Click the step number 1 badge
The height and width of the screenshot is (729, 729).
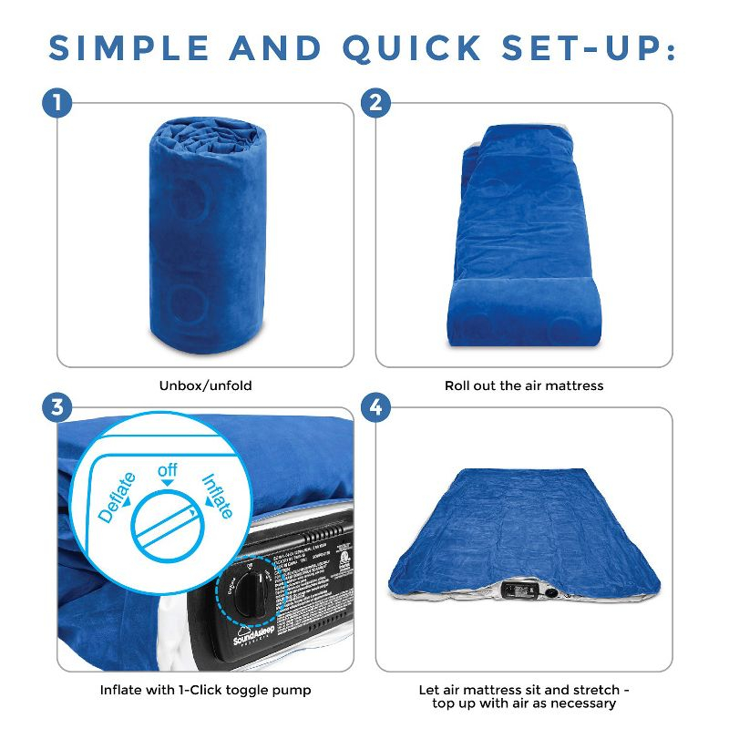click(57, 103)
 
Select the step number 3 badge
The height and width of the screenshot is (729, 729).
click(57, 407)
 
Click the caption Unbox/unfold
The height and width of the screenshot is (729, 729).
click(205, 385)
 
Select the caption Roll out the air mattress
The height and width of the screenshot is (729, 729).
click(524, 385)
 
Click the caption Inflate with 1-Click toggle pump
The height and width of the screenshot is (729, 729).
click(205, 690)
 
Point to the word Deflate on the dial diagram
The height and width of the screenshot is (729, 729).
click(118, 497)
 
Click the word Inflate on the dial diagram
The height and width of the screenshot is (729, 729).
click(216, 495)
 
